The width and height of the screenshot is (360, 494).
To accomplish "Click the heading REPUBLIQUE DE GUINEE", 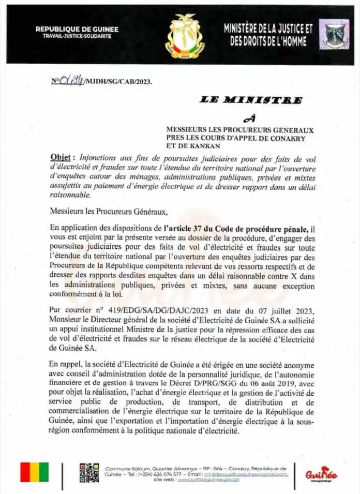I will [77, 29].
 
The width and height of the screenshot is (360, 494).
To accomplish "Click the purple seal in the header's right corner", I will [334, 34].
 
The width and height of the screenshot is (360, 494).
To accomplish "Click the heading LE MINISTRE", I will [251, 100].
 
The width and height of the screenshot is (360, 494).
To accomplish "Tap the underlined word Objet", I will [61, 157].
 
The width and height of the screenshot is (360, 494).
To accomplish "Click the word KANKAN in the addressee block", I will [194, 145].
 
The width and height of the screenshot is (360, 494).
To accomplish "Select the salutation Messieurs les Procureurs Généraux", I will [109, 211].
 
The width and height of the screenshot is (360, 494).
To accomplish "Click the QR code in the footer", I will [89, 472].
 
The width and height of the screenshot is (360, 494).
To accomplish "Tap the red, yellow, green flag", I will [34, 472].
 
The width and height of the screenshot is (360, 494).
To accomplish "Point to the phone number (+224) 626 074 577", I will [158, 474].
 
